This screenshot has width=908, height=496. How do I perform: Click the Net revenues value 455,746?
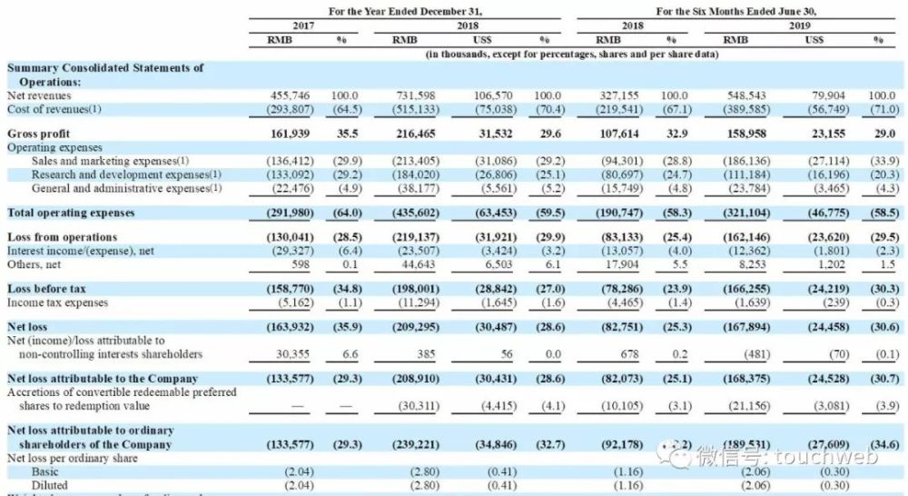point(291,94)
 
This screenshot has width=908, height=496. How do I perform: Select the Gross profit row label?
point(38,133)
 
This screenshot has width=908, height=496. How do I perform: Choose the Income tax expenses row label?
point(57,302)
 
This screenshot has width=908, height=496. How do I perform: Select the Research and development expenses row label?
point(126,174)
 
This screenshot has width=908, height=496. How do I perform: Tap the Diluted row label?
point(49,486)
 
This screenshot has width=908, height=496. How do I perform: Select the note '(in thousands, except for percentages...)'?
point(572,55)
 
